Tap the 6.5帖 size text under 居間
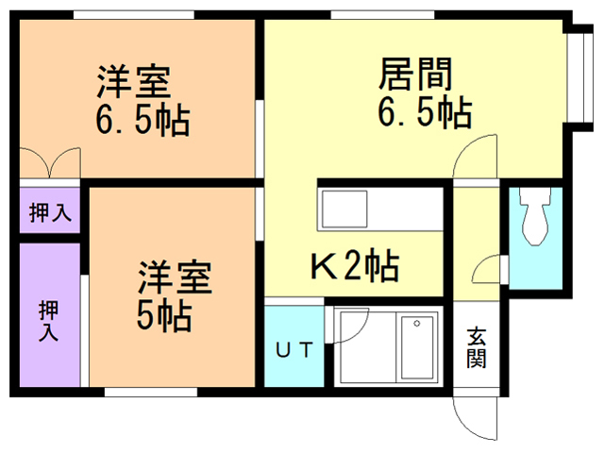tap(424, 113)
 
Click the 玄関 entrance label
tap(477, 346)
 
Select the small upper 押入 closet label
tap(49, 213)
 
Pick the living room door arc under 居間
tap(475, 155)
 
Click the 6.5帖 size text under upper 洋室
tap(142, 121)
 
